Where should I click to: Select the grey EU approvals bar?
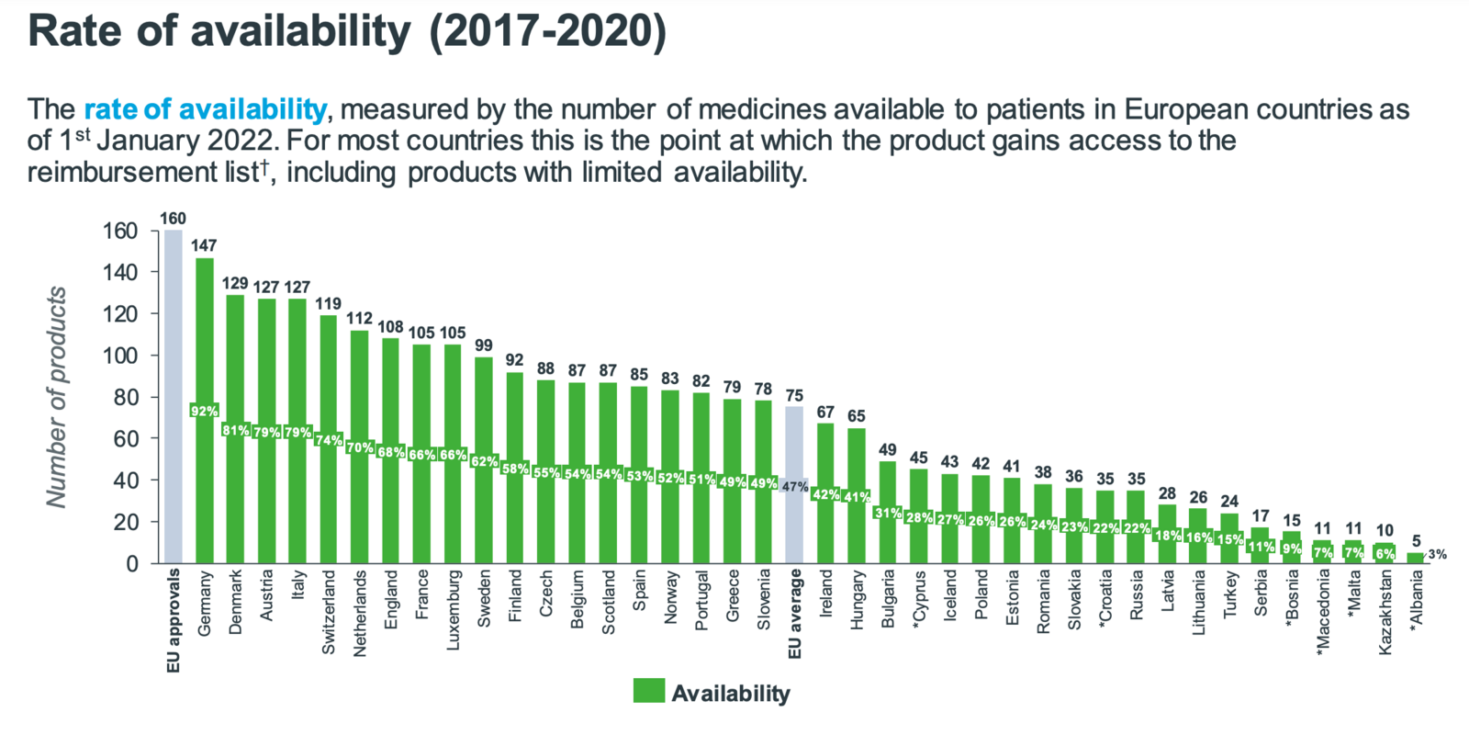[x=174, y=395]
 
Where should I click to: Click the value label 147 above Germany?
[x=204, y=245]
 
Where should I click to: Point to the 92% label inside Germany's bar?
[x=204, y=411]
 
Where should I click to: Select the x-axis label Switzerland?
[x=329, y=612]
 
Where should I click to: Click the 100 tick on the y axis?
[x=118, y=356]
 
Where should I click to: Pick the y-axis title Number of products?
[x=57, y=397]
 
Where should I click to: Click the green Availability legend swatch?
[x=649, y=692]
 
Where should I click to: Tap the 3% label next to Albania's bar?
[x=1437, y=554]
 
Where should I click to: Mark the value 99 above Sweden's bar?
[x=484, y=345]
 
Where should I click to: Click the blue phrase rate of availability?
[x=205, y=109]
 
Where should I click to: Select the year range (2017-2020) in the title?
[x=548, y=31]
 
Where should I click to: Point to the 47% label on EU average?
[x=795, y=487]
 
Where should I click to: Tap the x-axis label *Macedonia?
[x=1323, y=613]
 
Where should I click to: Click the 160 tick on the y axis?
[x=118, y=231]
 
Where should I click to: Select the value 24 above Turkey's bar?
[x=1229, y=502]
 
